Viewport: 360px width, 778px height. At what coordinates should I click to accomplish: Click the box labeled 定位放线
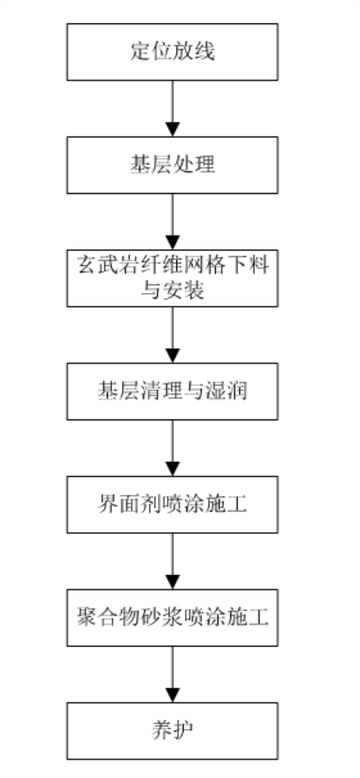click(172, 52)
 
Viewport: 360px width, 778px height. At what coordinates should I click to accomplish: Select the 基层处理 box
click(172, 165)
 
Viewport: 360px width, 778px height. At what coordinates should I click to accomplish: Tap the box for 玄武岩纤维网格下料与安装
click(172, 278)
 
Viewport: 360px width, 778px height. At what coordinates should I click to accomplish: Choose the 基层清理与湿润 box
click(172, 391)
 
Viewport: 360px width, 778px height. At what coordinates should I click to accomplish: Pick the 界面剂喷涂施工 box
click(172, 504)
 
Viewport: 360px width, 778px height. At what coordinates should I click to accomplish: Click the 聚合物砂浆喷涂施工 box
click(172, 617)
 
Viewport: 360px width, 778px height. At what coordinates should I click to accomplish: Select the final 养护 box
click(172, 731)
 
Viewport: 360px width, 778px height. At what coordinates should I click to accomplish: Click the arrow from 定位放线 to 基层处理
click(173, 109)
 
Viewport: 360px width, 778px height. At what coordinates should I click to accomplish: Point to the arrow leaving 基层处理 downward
click(173, 222)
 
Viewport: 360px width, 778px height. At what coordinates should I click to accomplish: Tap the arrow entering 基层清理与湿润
click(173, 334)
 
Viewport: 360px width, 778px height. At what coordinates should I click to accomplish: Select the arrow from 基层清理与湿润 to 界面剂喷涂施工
click(173, 448)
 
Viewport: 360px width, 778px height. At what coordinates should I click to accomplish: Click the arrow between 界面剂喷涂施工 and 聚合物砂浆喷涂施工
click(173, 561)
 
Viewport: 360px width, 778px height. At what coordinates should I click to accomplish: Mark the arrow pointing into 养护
click(173, 674)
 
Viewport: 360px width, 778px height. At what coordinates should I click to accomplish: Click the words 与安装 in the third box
click(172, 291)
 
